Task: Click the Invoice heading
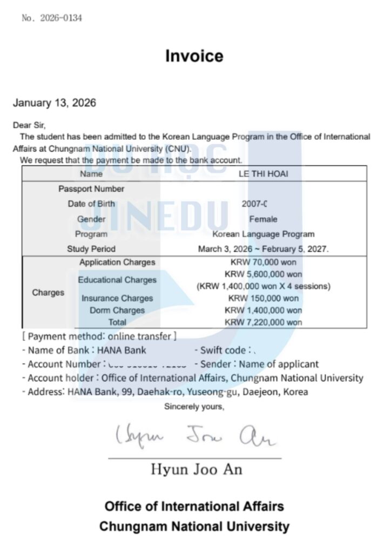click(194, 56)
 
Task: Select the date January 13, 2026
click(55, 103)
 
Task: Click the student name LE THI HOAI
click(263, 174)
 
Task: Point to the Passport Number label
click(91, 189)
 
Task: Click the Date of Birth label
click(91, 204)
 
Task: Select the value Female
click(263, 219)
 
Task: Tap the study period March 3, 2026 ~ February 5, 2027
click(263, 249)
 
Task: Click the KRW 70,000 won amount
click(263, 262)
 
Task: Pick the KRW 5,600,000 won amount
click(263, 274)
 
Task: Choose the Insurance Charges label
click(117, 298)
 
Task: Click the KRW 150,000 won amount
click(263, 298)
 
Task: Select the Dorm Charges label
click(117, 311)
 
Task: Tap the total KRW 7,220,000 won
click(263, 322)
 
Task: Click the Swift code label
click(223, 350)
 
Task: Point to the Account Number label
click(64, 364)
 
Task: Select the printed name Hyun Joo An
click(197, 469)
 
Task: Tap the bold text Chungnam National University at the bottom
click(194, 526)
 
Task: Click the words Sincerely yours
click(194, 407)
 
